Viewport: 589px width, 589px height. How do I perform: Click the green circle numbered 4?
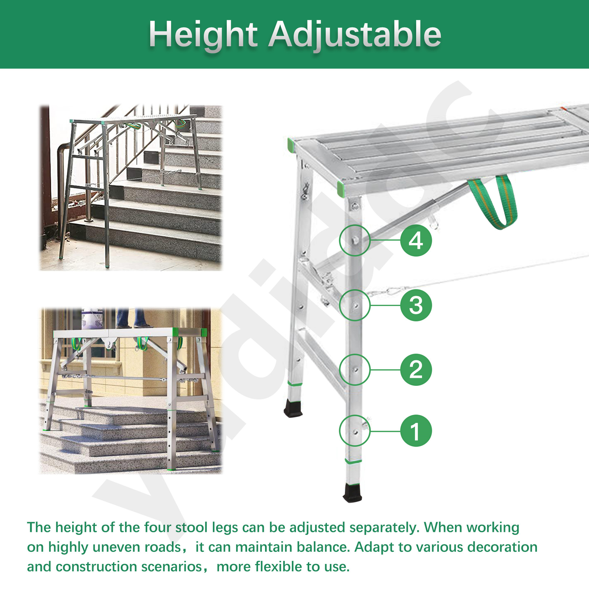pos(416,241)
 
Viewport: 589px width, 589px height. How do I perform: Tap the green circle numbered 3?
pos(416,305)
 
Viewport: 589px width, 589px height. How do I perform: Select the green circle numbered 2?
pos(416,370)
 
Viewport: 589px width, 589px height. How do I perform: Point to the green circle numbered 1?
pos(416,431)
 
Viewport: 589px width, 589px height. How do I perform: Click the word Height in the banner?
pos(203,35)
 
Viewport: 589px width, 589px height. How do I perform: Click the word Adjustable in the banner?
pos(355,35)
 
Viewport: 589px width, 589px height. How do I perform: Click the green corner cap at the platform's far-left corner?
pos(290,145)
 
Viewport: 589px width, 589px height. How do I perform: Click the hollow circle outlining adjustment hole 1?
pos(355,431)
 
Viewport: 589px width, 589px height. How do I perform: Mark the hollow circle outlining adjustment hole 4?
pos(355,240)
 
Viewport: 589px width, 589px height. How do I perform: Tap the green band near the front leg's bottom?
pos(353,461)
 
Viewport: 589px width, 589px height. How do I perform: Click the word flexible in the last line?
pos(278,567)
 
